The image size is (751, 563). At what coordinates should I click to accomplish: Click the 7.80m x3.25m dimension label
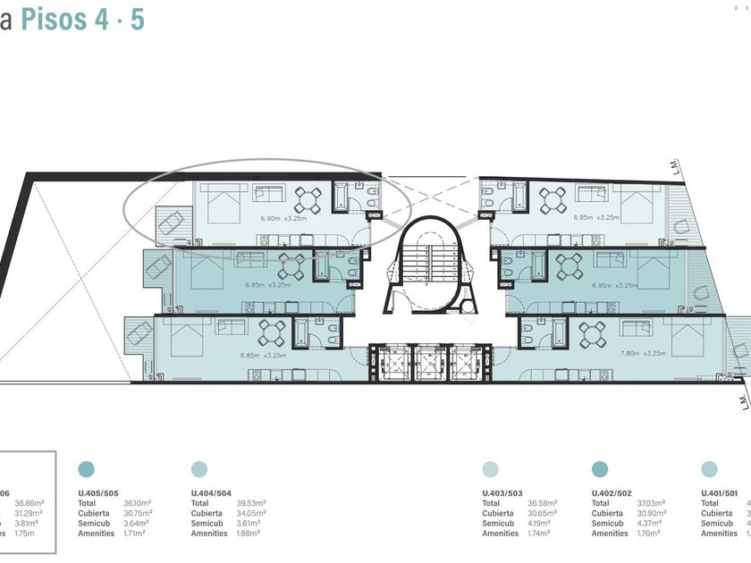643,353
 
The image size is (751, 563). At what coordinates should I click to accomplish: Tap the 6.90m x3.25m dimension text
283,217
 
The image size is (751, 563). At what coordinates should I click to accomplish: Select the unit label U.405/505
98,492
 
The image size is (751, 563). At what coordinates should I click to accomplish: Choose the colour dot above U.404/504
199,469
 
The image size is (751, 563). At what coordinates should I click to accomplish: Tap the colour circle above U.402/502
600,469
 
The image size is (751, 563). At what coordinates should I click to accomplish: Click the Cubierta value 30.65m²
542,513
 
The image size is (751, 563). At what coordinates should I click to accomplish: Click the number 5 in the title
137,20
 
